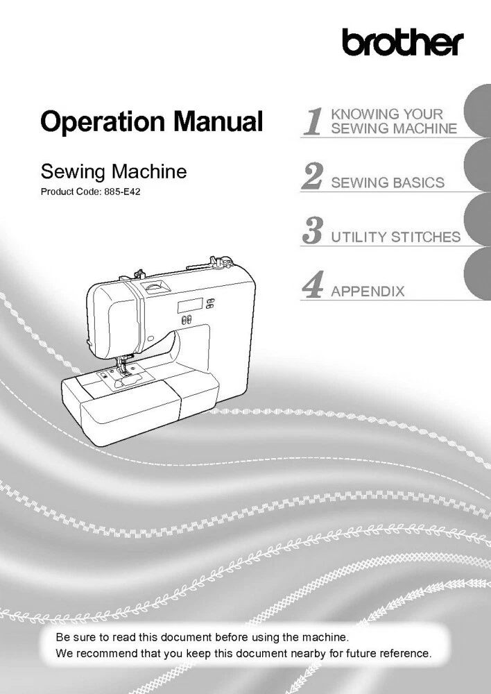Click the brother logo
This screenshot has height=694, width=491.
pos(402,42)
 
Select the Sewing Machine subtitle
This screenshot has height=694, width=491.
pos(114,171)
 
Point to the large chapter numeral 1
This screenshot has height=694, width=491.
pos(313,121)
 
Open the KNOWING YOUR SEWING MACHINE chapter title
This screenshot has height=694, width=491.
pos(394,121)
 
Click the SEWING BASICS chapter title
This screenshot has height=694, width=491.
pos(388,183)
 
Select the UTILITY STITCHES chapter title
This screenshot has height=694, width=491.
pos(395,237)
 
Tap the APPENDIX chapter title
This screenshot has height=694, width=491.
pos(368,291)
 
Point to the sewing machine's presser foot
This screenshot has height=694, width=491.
pos(126,373)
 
